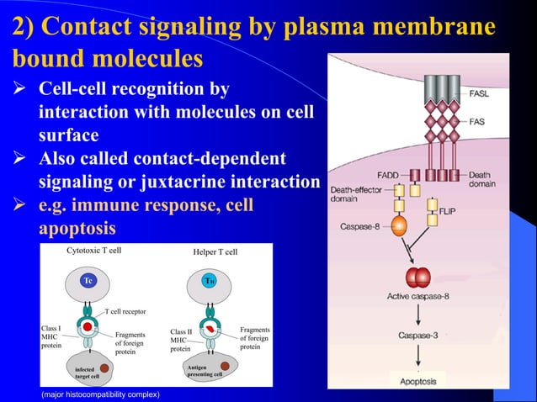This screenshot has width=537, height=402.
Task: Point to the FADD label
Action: pyautogui.click(x=387, y=175)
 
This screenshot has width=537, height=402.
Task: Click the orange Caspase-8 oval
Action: pyautogui.click(x=399, y=226)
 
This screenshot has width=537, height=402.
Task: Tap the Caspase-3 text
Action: pyautogui.click(x=417, y=335)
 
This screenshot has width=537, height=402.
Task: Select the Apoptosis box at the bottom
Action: pyautogui.click(x=417, y=381)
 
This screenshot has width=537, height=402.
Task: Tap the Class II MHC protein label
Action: pyautogui.click(x=183, y=340)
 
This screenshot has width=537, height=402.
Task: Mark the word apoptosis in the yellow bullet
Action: pyautogui.click(x=77, y=228)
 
